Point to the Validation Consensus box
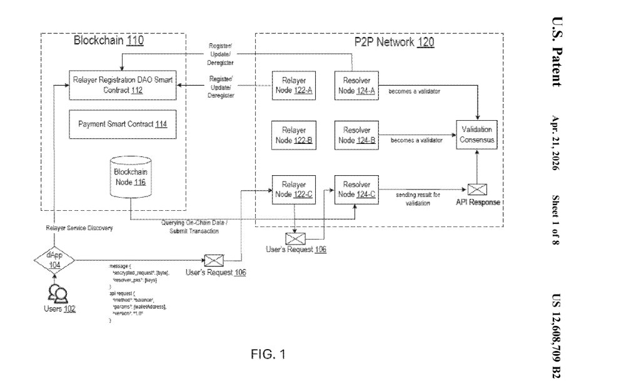tap(478, 135)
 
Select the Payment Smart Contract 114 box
tap(123, 124)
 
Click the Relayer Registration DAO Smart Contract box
tap(123, 84)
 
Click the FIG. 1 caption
tap(268, 355)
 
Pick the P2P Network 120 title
tap(390, 43)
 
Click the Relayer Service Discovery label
tap(80, 228)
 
